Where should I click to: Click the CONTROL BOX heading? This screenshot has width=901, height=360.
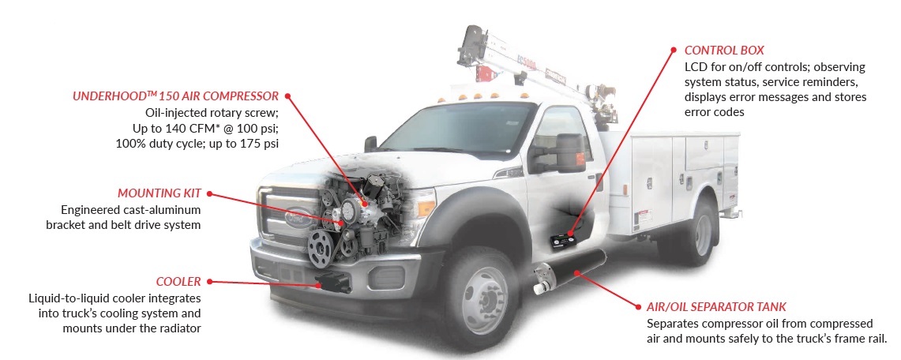click(724, 51)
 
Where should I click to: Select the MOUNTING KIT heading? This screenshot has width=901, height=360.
click(160, 193)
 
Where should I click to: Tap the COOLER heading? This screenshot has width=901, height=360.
click(178, 281)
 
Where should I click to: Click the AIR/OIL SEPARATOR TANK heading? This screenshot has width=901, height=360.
click(716, 306)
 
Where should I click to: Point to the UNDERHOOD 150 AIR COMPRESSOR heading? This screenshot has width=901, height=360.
click(176, 96)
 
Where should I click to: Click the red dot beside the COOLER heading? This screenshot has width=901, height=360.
click(210, 281)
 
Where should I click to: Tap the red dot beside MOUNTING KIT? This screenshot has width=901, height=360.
click(210, 193)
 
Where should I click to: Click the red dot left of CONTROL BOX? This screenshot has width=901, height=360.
click(674, 51)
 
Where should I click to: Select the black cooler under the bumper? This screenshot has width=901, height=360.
click(332, 282)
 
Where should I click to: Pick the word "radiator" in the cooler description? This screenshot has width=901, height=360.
click(180, 328)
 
